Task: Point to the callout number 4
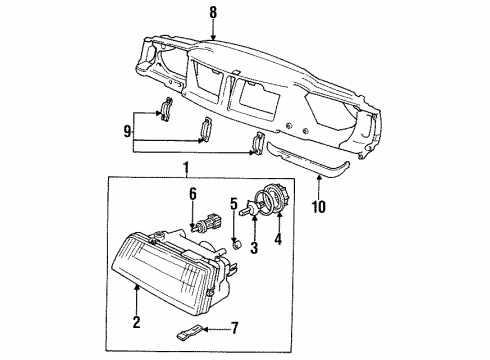[x=277, y=239]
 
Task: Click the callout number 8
[x=211, y=13]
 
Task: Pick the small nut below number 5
[x=236, y=243]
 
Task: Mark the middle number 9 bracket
[x=207, y=130]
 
